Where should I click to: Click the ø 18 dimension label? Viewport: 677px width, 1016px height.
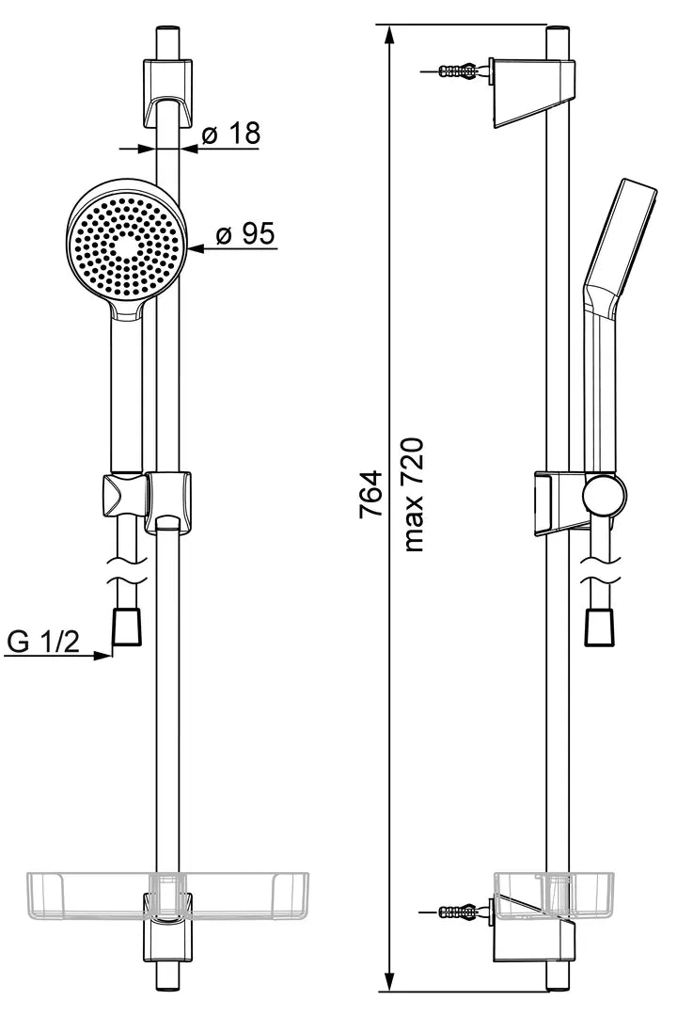[x=230, y=133]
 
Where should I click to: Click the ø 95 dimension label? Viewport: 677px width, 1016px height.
[x=244, y=233]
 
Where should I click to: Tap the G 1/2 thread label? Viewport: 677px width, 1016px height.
[x=42, y=642]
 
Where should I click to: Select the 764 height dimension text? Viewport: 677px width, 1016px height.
[x=371, y=494]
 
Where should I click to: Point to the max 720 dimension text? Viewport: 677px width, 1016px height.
[x=414, y=495]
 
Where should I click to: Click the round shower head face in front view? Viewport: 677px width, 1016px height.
[x=126, y=247]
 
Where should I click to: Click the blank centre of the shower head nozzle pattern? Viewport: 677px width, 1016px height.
[x=126, y=246]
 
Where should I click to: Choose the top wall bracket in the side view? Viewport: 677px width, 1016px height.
[x=534, y=93]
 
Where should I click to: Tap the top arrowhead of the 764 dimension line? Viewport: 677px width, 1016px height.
[x=388, y=36]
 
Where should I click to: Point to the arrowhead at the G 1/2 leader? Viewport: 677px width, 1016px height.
[x=103, y=655]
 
